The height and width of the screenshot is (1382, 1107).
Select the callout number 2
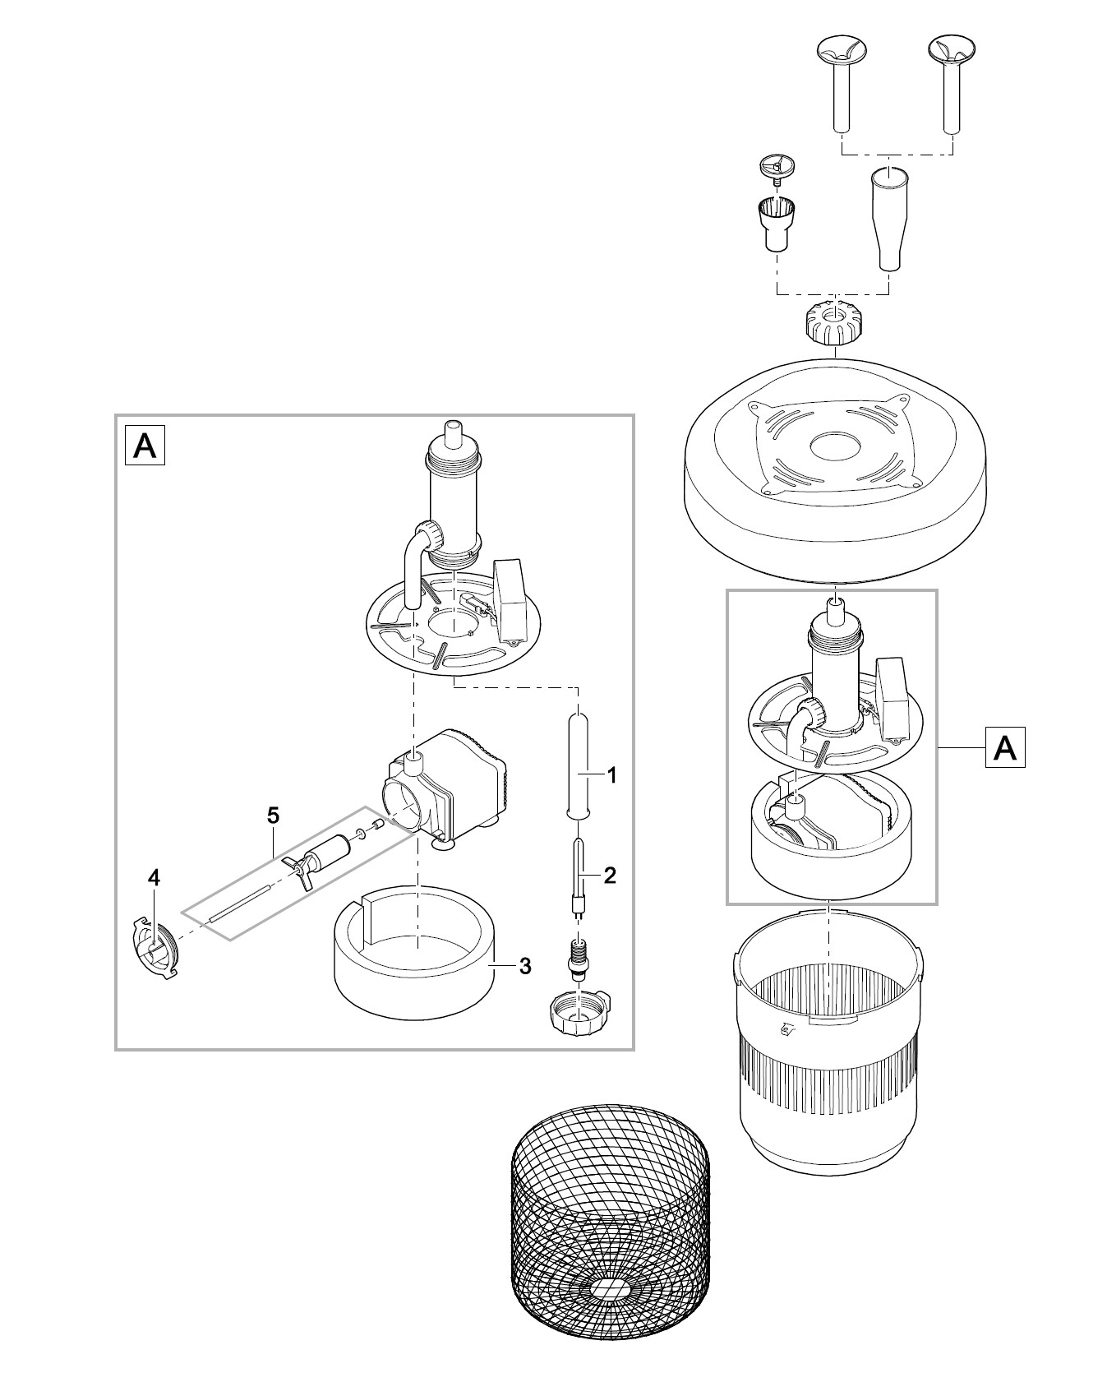click(609, 875)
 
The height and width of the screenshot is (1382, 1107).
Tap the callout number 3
click(524, 966)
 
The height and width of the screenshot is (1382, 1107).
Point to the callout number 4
click(154, 878)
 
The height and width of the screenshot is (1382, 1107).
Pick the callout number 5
click(273, 816)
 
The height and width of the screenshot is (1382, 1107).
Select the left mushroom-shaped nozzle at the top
click(840, 78)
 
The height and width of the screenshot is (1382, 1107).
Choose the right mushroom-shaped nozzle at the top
click(951, 78)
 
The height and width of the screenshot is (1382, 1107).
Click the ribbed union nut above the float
click(833, 324)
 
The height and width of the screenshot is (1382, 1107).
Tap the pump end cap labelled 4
click(155, 949)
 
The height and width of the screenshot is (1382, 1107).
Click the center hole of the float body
click(834, 449)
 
